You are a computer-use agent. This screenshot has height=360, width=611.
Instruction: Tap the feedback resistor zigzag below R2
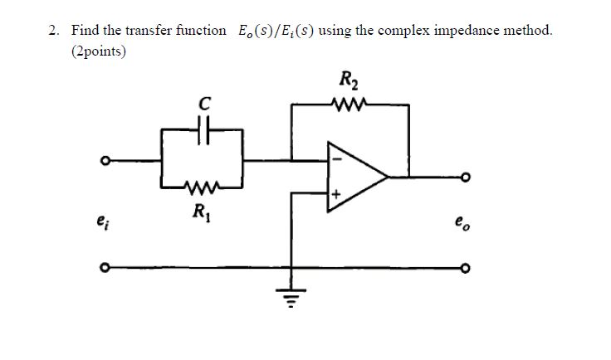coord(345,105)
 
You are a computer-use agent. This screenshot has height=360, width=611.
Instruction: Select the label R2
coord(347,81)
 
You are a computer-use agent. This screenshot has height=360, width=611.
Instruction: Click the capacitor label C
coord(203,104)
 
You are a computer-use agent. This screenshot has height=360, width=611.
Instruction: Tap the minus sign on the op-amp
coord(336,158)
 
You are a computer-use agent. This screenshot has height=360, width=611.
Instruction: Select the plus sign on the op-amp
coord(336,194)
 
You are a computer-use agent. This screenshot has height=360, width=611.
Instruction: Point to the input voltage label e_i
coord(102,221)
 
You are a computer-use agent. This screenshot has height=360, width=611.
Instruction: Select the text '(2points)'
coord(99,51)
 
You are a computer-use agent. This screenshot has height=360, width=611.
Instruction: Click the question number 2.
coord(54,31)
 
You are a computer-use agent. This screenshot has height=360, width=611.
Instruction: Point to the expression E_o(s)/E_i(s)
coord(274,31)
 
